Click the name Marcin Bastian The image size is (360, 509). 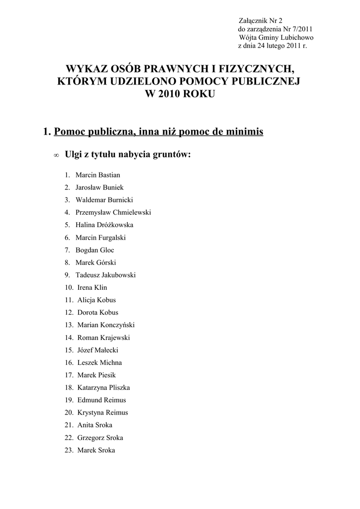98,175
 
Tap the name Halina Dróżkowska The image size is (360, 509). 104,225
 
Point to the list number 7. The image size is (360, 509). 67,250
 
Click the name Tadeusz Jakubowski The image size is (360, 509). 105,275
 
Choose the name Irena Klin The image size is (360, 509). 92,287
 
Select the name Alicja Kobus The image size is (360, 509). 96,300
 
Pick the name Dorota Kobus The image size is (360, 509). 98,313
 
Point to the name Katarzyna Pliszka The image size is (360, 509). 103,388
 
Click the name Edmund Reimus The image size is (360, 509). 101,400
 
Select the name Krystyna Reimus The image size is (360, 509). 102,413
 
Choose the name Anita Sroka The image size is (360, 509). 95,425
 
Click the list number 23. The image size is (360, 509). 69,450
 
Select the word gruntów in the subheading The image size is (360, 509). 170,155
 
